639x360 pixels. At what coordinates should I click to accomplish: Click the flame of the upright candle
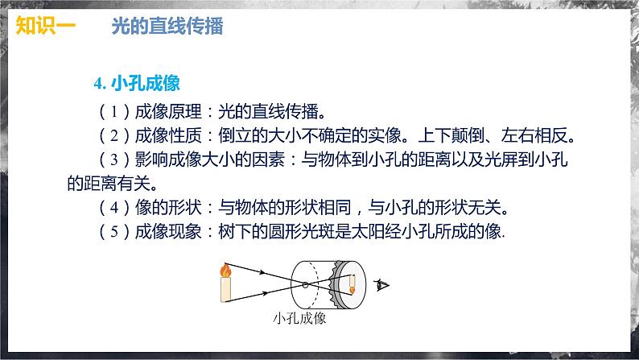click(227, 270)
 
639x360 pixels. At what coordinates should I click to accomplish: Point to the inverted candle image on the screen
click(352, 283)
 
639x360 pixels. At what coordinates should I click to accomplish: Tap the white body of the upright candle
click(227, 288)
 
